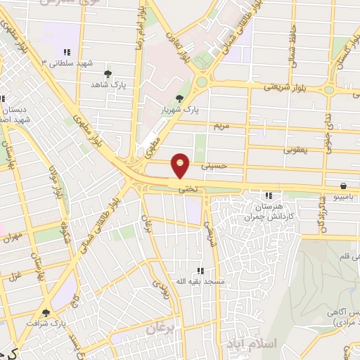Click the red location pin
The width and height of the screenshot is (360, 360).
[x=181, y=167]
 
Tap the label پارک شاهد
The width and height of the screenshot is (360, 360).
[x=107, y=84]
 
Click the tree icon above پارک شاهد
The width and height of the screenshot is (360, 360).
[x=107, y=73]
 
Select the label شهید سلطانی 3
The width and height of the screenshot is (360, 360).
[x=67, y=63]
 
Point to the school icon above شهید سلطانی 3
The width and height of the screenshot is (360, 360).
[x=67, y=52]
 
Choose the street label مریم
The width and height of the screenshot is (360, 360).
[x=221, y=125]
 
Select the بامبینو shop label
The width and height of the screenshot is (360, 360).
[x=343, y=198]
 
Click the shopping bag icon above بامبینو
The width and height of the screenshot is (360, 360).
[x=342, y=186]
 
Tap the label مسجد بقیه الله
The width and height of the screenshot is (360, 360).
[x=200, y=281]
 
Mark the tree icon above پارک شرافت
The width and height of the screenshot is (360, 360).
[x=46, y=313]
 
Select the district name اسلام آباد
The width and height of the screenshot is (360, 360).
[x=278, y=345]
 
